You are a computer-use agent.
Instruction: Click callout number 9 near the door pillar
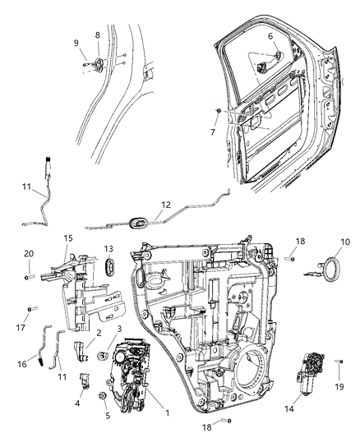[76, 44]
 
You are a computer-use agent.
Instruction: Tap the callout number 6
[270, 37]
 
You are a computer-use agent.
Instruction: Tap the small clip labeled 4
[85, 379]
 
